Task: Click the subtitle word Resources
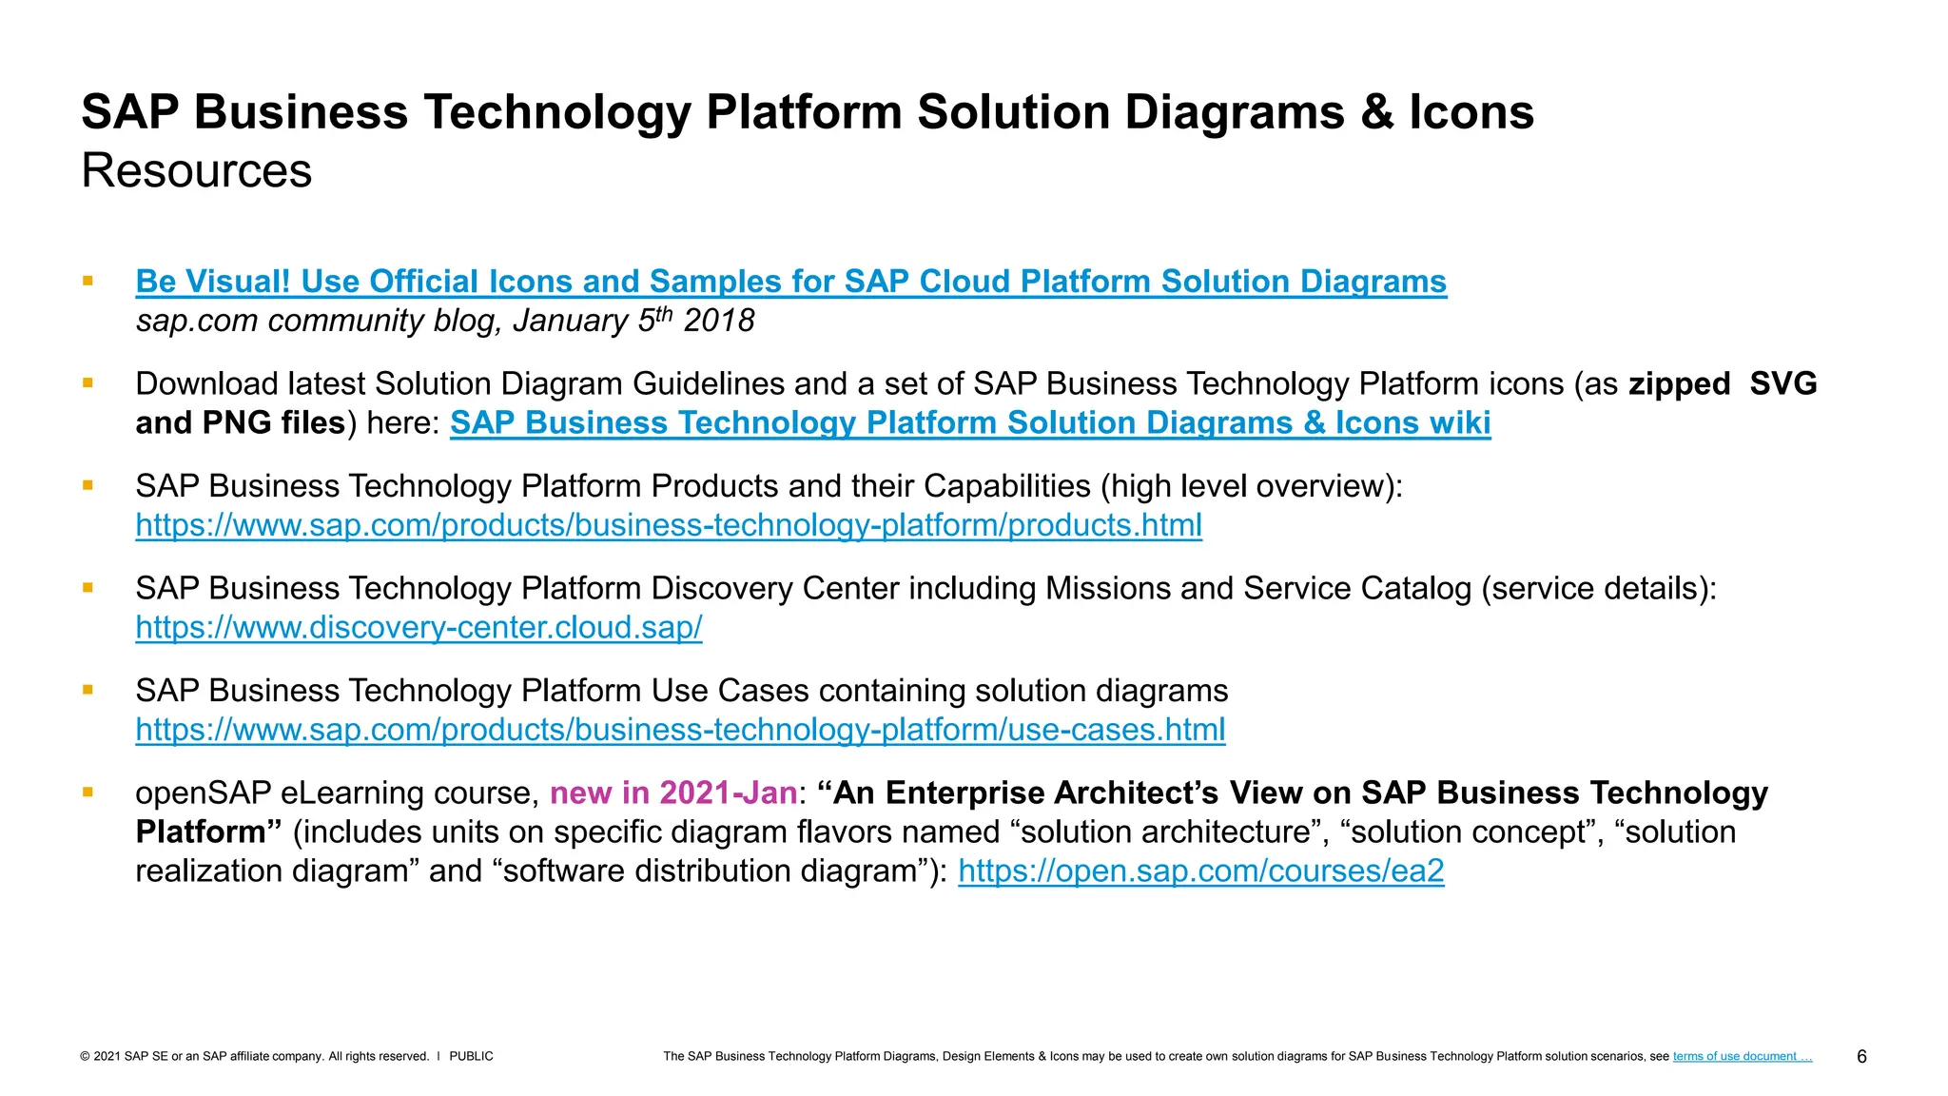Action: [x=196, y=171]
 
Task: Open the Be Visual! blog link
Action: [x=790, y=282]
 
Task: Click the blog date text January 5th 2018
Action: [x=633, y=321]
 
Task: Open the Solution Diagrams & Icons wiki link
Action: [x=970, y=422]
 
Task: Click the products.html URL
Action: [x=669, y=525]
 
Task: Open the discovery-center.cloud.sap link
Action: [x=419, y=627]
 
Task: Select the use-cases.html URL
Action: [x=680, y=730]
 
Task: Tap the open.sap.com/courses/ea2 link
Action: [x=1200, y=871]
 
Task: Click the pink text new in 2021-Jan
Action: [x=672, y=793]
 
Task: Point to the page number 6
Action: [x=1861, y=1057]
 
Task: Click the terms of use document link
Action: [x=1742, y=1056]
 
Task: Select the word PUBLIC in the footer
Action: [x=471, y=1056]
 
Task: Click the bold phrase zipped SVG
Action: [x=1722, y=383]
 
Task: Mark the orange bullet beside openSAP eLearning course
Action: [x=88, y=792]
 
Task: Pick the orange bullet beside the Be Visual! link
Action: [x=88, y=281]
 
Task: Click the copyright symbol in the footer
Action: [x=85, y=1056]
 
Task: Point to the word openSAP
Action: [x=203, y=793]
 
